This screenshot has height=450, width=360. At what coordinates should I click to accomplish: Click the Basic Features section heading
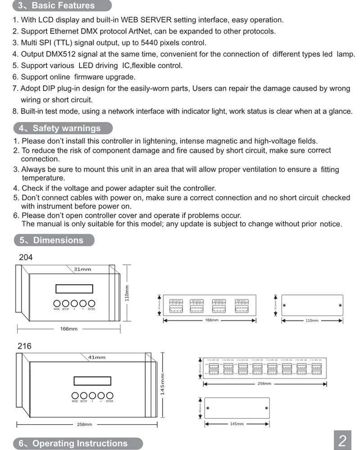coord(57,6)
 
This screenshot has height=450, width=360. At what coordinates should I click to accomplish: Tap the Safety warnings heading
coord(60,128)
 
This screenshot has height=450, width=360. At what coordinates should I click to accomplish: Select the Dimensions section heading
coord(52,240)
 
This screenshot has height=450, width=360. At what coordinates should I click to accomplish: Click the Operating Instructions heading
coord(73,443)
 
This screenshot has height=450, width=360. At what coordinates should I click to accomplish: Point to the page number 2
coord(342,441)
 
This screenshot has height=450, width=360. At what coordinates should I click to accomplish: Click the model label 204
coord(26,258)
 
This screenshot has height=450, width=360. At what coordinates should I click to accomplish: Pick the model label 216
coord(24,346)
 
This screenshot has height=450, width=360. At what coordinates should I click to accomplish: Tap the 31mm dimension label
coord(82,270)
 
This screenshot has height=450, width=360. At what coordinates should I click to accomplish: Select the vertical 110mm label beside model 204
coord(127,293)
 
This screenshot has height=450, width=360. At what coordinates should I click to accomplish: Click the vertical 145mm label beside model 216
coord(163,384)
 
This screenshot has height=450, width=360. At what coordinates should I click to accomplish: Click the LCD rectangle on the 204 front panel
coord(75,288)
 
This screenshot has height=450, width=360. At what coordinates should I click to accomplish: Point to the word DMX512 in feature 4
coord(61,54)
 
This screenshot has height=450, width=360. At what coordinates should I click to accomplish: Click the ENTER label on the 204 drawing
coord(91,309)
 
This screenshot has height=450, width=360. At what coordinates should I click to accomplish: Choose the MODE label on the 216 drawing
coord(75,401)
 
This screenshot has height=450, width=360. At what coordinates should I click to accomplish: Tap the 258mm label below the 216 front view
coord(85,424)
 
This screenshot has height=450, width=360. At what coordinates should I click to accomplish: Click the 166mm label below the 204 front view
coord(69,329)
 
